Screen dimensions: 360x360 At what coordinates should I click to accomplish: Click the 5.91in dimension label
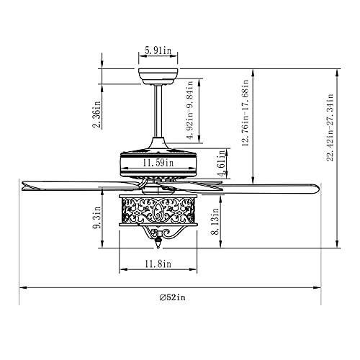coord(158,50)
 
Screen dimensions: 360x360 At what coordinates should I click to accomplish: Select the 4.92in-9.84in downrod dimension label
coord(190,110)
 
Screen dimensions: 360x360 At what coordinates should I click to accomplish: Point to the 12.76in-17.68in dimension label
coord(246,113)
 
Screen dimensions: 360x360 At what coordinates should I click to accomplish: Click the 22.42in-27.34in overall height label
coord(330,127)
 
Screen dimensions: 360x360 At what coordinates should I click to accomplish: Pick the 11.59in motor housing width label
coord(158,163)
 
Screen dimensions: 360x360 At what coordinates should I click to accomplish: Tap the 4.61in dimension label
coord(222,163)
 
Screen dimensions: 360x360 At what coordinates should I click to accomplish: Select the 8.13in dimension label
coord(215,221)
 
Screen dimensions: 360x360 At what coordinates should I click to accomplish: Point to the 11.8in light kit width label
coord(158,264)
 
